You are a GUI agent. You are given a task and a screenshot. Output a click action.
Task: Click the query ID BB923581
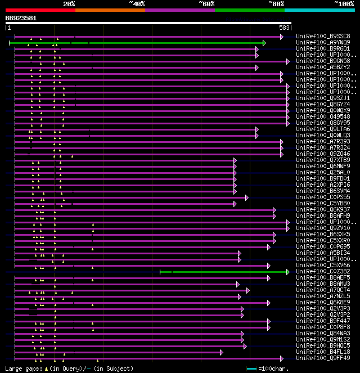coord(21,18)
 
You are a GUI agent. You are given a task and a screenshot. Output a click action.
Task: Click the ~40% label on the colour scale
coord(137,4)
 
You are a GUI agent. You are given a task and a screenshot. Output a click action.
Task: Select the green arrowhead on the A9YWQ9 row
coord(264,43)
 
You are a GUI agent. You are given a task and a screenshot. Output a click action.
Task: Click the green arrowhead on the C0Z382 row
coord(287,272)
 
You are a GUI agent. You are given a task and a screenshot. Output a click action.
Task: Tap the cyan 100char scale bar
coord(252,369)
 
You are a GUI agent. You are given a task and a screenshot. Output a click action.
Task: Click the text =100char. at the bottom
coord(274,369)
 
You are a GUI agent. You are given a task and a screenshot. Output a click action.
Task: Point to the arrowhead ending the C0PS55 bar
coord(246,197)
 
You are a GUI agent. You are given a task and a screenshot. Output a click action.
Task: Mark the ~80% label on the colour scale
coord(276,4)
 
